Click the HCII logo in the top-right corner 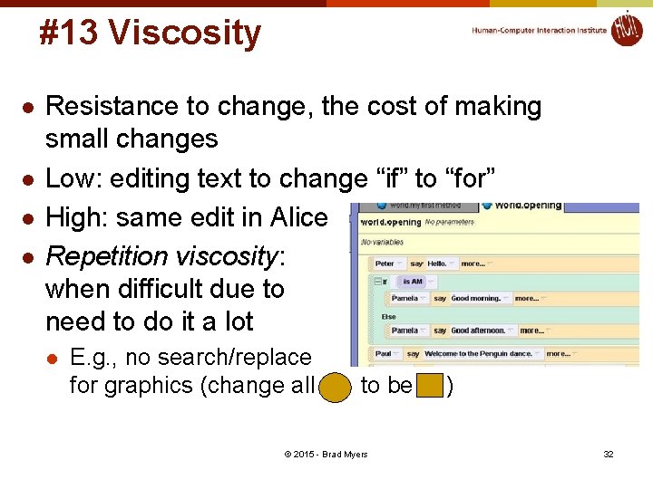[x=626, y=28]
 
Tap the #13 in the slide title [x=69, y=34]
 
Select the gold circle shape [x=336, y=387]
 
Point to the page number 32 [x=609, y=454]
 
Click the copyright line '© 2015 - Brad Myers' [x=326, y=454]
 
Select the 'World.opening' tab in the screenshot [x=526, y=206]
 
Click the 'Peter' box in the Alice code [x=385, y=264]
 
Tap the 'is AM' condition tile [x=413, y=282]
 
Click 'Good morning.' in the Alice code [x=474, y=298]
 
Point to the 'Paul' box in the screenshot [x=384, y=354]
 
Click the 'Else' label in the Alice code [x=389, y=316]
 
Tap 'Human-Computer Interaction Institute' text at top [x=539, y=30]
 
